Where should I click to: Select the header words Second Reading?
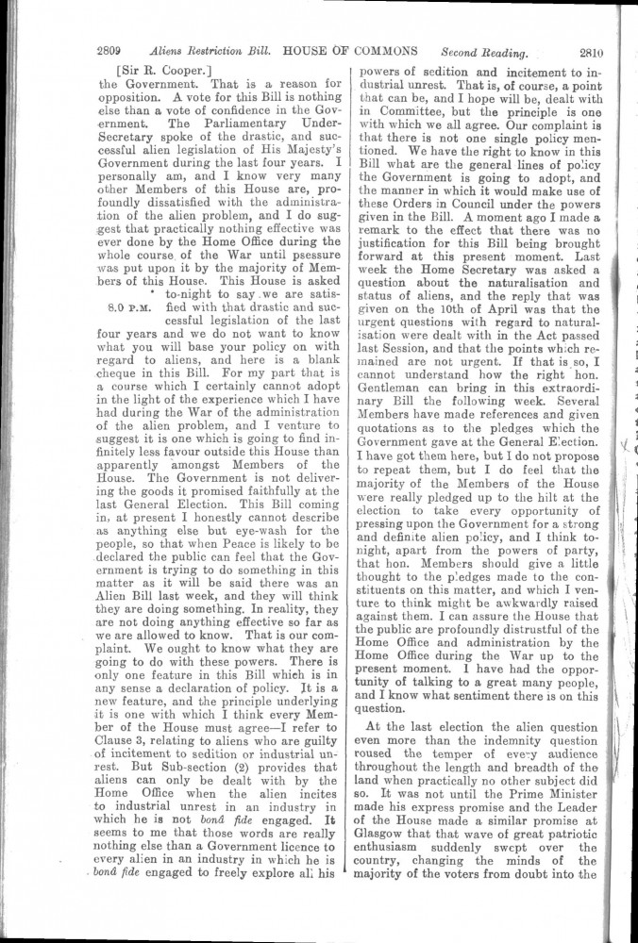click(483, 53)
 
